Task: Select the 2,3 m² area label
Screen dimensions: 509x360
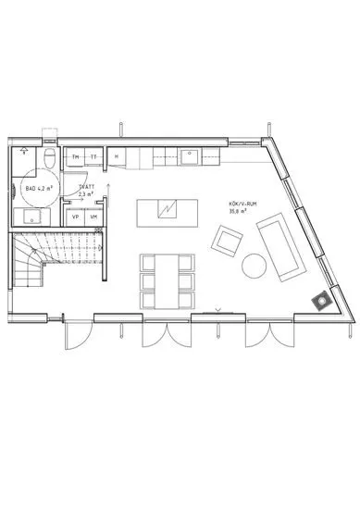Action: coord(86,195)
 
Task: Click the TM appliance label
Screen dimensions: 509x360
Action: coord(76,158)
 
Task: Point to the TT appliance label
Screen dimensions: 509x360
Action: coord(93,158)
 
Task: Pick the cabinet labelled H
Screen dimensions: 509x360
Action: coord(117,158)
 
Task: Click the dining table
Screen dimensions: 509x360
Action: coord(167,279)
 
